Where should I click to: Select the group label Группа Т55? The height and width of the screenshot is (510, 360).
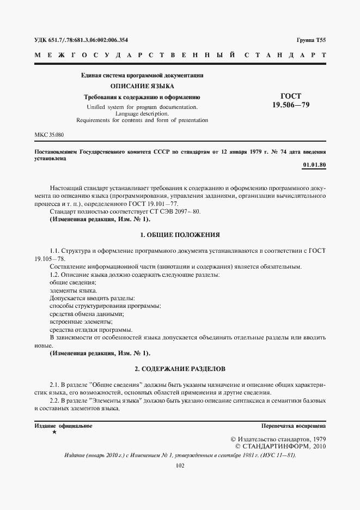tap(311, 40)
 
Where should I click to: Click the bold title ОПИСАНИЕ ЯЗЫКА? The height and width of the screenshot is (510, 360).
tap(142, 86)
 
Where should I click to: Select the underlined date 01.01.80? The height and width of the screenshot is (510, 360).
tap(314, 165)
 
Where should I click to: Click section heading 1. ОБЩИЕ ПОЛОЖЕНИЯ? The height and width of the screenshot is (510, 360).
tap(180, 235)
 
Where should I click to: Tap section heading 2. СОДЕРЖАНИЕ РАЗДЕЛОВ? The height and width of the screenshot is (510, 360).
tap(180, 369)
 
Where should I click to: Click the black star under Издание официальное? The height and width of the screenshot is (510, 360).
tap(54, 432)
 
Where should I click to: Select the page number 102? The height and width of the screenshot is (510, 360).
tap(180, 465)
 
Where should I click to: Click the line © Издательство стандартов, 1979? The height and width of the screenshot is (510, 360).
tap(278, 439)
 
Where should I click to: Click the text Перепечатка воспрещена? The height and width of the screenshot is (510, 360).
tap(294, 426)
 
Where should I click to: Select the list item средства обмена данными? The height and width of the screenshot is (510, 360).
tap(87, 314)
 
